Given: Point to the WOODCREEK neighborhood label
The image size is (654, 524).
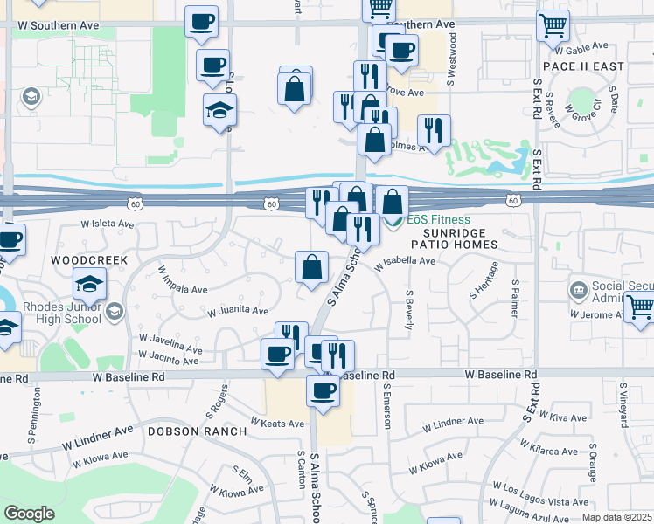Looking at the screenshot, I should [89, 260].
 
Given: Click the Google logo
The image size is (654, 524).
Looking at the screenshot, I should [29, 514].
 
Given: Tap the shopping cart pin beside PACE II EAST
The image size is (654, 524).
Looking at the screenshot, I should [553, 26].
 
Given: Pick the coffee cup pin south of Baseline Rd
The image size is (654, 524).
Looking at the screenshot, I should [322, 390].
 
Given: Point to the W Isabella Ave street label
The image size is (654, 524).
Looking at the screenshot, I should [405, 261].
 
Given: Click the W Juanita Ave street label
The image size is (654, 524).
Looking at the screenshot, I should [237, 310].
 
